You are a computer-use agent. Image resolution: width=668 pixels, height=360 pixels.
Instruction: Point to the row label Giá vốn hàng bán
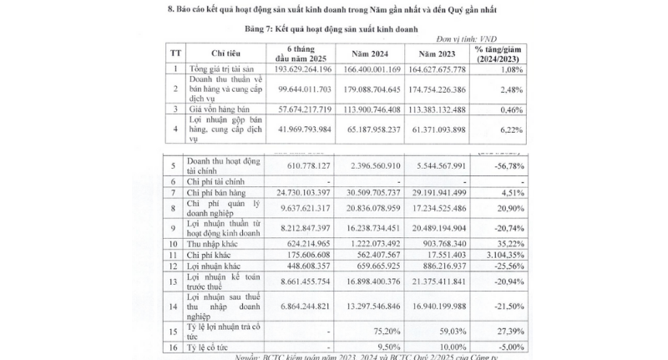219,108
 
